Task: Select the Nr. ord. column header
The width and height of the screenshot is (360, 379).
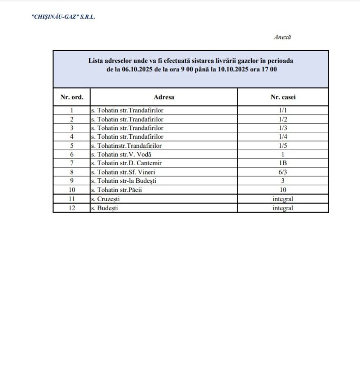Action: [72, 97]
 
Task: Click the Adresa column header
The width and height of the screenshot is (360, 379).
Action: [164, 97]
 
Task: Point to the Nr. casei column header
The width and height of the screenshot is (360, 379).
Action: [283, 97]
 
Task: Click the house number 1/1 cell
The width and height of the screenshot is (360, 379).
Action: [283, 110]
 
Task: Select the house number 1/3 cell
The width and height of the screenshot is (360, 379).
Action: [283, 128]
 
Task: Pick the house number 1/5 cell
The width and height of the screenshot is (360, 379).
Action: [283, 145]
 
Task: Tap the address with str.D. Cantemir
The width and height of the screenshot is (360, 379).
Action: [126, 163]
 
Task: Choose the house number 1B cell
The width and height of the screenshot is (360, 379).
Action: [283, 163]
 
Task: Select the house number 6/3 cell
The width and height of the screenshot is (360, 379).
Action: [283, 172]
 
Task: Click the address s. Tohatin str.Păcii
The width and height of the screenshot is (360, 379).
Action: [120, 190]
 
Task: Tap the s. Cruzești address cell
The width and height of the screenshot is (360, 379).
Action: [106, 199]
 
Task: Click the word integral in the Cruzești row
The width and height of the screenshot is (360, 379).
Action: [283, 199]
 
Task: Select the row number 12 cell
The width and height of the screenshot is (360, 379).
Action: [72, 208]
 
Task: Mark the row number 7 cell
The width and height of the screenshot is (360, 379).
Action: [72, 163]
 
